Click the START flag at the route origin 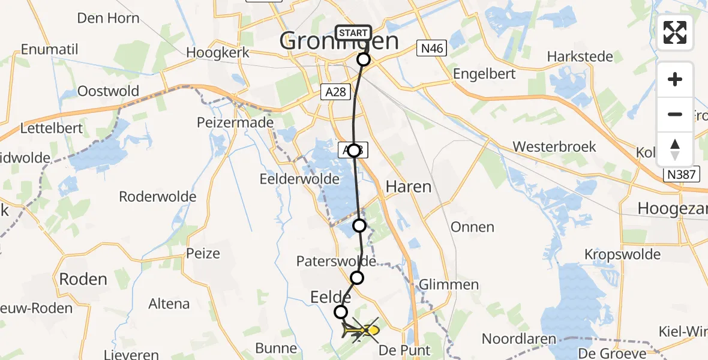pyautogui.click(x=353, y=33)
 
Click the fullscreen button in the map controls pyautogui.click(x=675, y=32)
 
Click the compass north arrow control pyautogui.click(x=675, y=149)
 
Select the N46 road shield pyautogui.click(x=432, y=49)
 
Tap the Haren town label pyautogui.click(x=408, y=187)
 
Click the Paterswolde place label pyautogui.click(x=336, y=262)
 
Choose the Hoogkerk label pyautogui.click(x=217, y=53)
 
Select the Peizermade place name pyautogui.click(x=235, y=123)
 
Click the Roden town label pyautogui.click(x=83, y=279)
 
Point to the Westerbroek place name pyautogui.click(x=554, y=147)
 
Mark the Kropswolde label pyautogui.click(x=622, y=254)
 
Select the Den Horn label pyautogui.click(x=108, y=18)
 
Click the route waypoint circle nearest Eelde pyautogui.click(x=341, y=311)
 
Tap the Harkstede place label pyautogui.click(x=580, y=57)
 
